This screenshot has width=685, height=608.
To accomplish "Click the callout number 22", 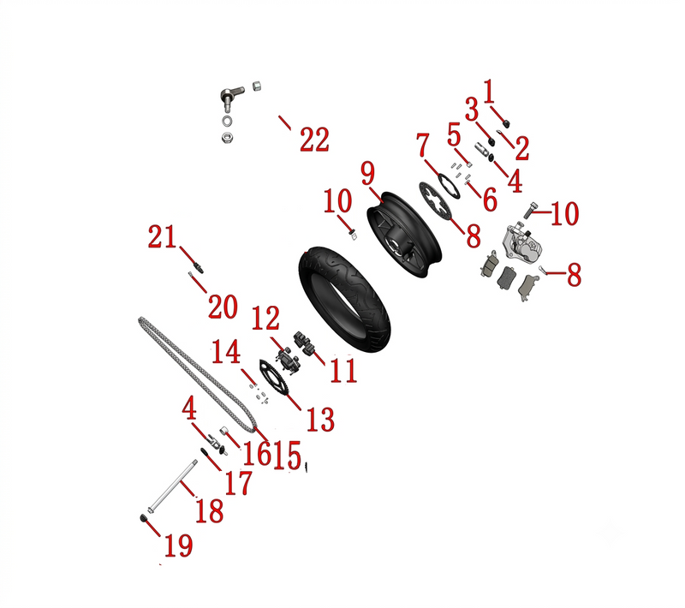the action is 314,140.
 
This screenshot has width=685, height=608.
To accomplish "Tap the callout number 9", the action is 368,173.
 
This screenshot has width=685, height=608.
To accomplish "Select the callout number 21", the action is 162,237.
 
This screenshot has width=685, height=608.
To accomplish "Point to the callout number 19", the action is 179,545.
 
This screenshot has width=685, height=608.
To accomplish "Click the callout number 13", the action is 320,420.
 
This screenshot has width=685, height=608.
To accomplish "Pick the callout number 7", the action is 422,146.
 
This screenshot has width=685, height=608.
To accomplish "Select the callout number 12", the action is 265,318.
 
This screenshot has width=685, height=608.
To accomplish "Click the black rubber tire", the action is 344,299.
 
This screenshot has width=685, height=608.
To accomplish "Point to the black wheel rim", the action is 404,235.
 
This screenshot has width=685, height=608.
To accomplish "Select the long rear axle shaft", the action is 172,486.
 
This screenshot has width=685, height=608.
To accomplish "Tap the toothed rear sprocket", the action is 274,379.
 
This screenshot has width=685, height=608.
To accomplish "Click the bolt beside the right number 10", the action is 530,210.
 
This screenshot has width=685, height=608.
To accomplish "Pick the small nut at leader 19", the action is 142,518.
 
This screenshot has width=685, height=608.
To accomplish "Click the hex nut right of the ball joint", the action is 258,86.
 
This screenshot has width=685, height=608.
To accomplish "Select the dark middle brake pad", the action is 507,277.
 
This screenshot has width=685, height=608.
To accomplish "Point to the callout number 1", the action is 489,92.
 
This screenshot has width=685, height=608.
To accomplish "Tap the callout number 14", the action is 226,352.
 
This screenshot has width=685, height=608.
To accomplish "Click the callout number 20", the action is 223,307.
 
